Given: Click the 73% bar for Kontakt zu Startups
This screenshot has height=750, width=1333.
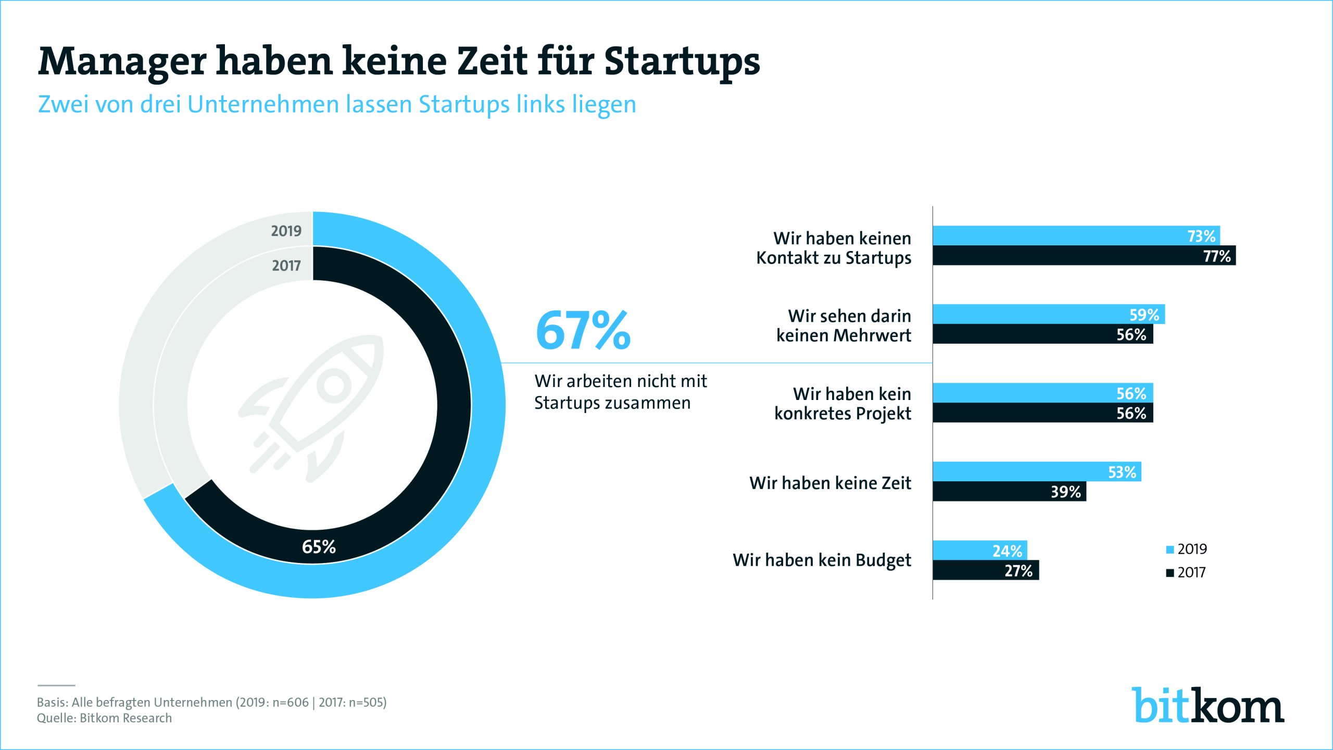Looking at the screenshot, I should click(1076, 235).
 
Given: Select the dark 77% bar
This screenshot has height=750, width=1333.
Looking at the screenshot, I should click(1083, 256).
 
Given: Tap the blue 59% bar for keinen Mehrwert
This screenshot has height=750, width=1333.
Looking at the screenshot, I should click(1048, 314).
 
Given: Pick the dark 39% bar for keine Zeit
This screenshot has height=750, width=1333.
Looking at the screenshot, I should click(1009, 491).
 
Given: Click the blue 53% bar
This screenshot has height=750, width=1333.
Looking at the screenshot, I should click(1036, 471).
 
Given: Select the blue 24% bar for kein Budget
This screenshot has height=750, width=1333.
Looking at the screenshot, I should click(979, 550).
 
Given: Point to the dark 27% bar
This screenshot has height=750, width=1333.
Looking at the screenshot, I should click(985, 570).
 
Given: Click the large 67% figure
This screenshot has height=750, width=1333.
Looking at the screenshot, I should click(583, 331).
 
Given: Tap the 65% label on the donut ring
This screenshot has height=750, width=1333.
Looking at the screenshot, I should click(319, 546).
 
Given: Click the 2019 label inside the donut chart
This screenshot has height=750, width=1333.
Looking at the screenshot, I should click(286, 231).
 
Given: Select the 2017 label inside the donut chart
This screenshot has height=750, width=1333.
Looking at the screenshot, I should click(286, 266).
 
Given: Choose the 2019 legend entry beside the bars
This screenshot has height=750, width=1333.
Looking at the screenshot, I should click(1187, 549).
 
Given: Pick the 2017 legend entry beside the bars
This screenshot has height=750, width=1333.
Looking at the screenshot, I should click(1186, 572).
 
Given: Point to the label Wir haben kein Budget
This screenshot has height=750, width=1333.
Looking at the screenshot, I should click(822, 560).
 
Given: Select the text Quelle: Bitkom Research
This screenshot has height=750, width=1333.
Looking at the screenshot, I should click(104, 718).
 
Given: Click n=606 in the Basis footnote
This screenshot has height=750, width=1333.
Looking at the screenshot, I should click(291, 702).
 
